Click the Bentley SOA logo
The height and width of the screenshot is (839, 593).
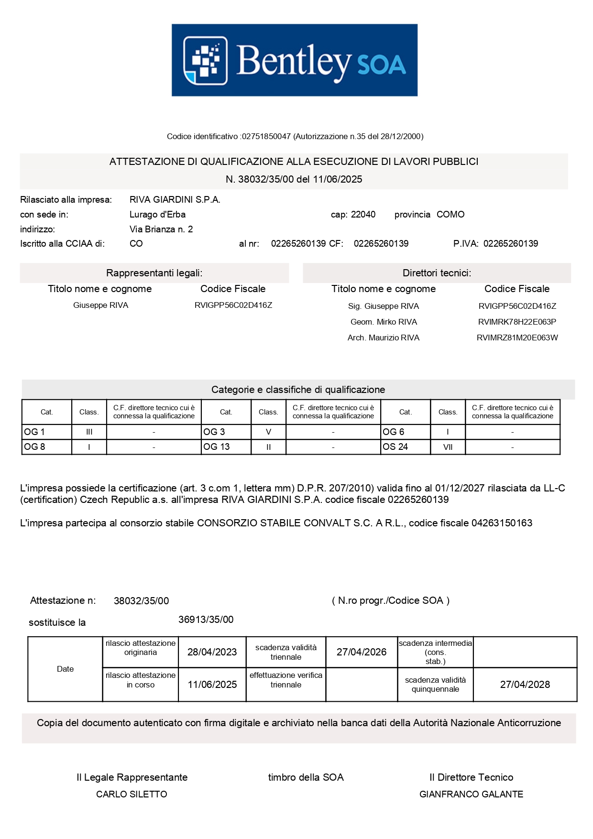[x=295, y=60]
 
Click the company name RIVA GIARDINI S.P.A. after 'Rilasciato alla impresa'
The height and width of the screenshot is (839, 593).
[x=175, y=200]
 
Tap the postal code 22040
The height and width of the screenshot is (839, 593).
[x=363, y=215]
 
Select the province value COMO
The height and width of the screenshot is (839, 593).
[x=450, y=215]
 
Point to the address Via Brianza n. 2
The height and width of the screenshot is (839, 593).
[x=161, y=229]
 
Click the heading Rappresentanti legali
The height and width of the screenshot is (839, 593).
[x=154, y=273]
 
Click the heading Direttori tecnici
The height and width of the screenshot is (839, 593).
[x=437, y=273]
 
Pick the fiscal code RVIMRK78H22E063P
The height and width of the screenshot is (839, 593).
[x=517, y=322]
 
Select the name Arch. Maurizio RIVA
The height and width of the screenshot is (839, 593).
[x=384, y=338]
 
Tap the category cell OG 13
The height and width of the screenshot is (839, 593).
[x=217, y=447]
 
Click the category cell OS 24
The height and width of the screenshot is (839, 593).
[x=395, y=447]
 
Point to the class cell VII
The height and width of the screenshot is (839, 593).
[x=448, y=447]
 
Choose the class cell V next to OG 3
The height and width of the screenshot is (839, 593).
[x=268, y=432]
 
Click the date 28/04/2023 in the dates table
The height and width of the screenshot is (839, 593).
[x=212, y=652]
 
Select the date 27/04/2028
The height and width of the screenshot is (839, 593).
[x=525, y=685]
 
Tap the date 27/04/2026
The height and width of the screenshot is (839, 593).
[x=361, y=652]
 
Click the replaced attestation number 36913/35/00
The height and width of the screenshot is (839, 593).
[x=206, y=620]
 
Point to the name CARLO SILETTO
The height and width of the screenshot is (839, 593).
[x=132, y=795]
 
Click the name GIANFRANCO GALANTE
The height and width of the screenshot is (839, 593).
[x=471, y=795]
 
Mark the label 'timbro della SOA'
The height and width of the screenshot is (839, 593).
[x=306, y=778]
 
